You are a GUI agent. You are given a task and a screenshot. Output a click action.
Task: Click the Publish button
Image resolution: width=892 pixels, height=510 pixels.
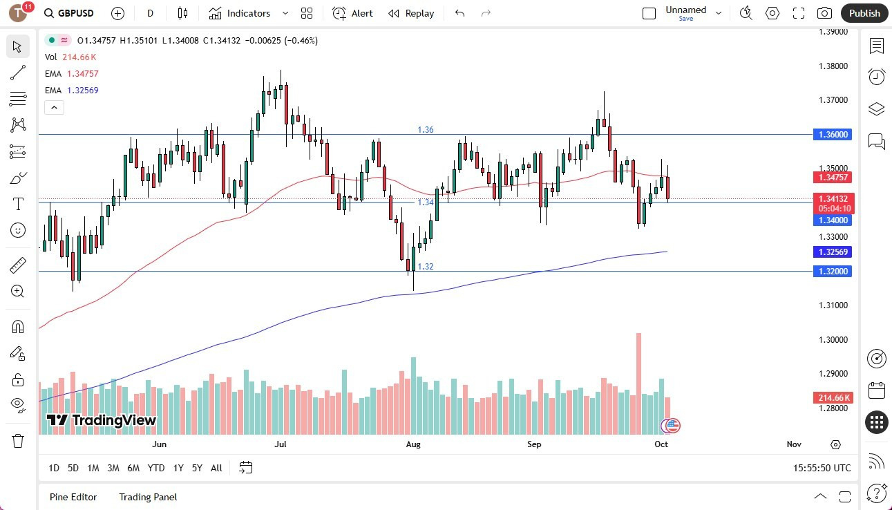point(864,13)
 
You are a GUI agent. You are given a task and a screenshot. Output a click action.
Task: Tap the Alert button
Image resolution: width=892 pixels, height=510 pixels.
point(352,13)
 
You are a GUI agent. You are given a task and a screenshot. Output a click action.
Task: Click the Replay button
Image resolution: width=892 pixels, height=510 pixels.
point(411,13)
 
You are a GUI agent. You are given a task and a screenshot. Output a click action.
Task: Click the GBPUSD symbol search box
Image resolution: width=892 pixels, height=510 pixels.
point(69,13)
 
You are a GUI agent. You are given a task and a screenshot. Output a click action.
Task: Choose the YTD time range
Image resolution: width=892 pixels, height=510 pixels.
point(156,468)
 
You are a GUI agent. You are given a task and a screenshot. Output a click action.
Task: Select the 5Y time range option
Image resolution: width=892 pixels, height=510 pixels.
point(197,468)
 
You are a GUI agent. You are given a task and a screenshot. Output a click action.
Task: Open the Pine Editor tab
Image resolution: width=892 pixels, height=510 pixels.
point(73,497)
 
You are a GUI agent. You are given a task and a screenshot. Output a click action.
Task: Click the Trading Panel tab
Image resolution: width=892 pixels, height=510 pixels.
point(148,497)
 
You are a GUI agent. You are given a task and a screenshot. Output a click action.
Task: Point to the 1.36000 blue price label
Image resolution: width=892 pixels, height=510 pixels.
point(834,135)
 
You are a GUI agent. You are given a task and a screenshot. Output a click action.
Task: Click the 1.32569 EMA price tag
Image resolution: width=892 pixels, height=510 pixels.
point(834,252)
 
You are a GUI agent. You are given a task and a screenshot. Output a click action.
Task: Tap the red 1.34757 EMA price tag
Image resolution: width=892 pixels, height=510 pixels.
point(834,178)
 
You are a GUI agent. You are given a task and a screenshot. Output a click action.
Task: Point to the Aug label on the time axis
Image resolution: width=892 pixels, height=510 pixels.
point(412,444)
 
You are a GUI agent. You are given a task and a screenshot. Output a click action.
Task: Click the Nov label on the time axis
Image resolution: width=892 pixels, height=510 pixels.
point(794,444)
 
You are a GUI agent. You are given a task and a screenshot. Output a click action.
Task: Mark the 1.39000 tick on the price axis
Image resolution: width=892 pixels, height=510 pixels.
point(833,32)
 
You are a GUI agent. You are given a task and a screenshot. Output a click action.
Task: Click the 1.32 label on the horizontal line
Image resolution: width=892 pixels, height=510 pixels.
point(426,266)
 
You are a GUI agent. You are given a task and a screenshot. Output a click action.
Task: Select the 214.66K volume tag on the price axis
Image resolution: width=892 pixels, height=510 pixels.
point(834,398)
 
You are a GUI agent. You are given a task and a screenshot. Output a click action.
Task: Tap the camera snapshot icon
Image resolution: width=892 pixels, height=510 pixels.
point(824,13)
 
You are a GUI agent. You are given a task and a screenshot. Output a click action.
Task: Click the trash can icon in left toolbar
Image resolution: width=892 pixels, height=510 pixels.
point(18,441)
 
